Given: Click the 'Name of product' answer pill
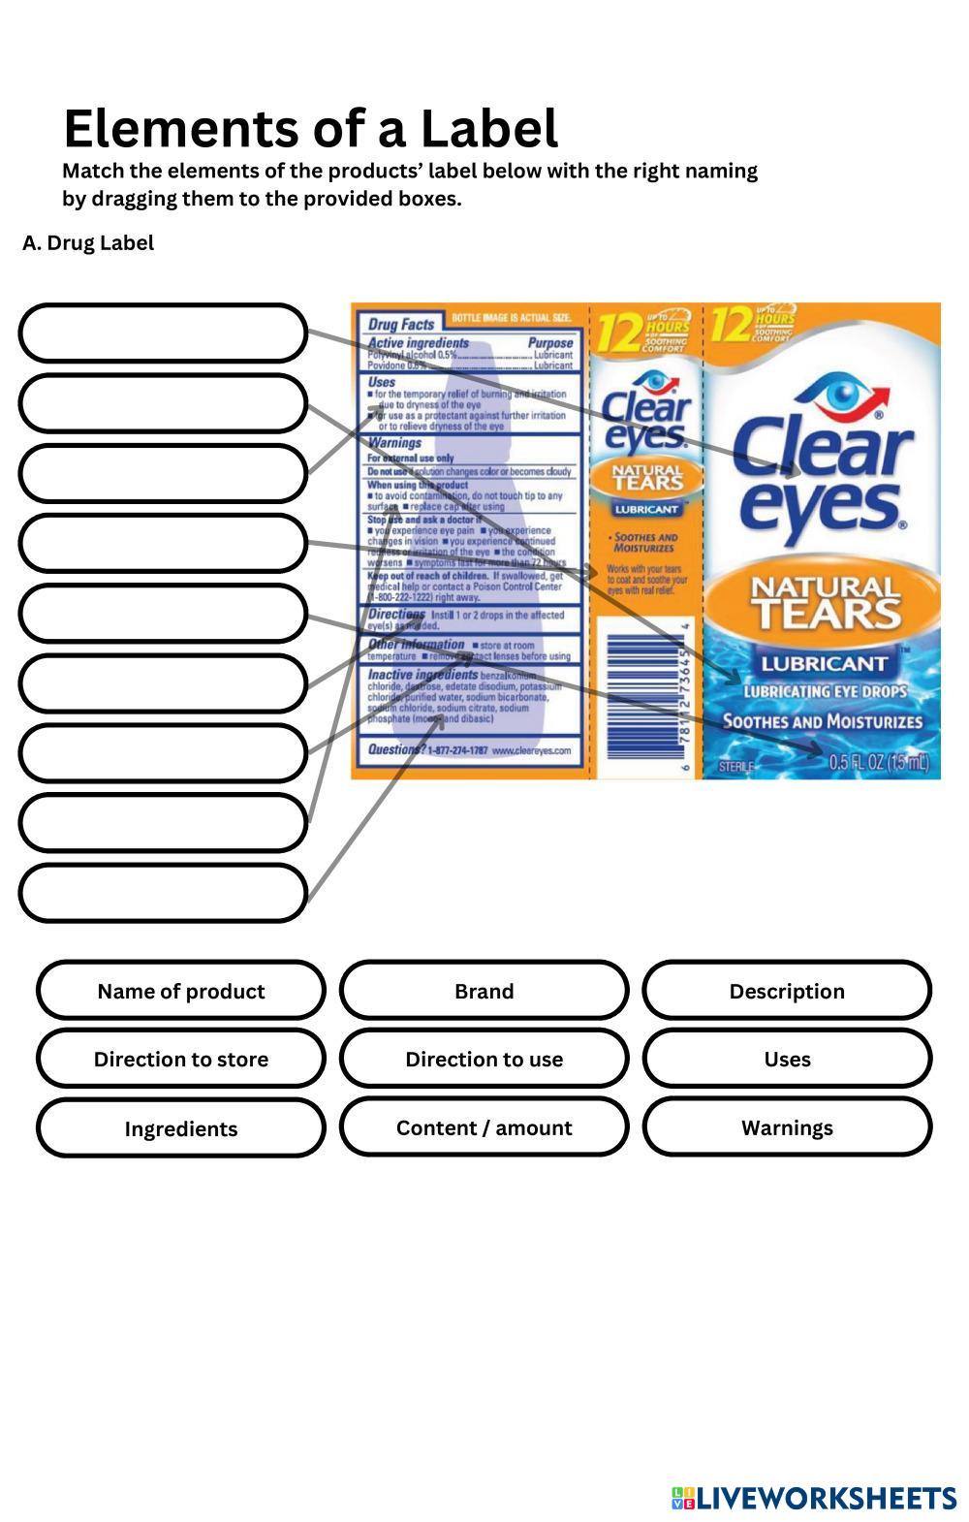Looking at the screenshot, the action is (181, 991).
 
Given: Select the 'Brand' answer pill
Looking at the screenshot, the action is (484, 991).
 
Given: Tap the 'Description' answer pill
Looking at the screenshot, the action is (786, 991).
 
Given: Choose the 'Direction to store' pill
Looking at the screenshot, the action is (181, 1059).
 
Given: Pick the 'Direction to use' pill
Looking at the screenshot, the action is (484, 1059).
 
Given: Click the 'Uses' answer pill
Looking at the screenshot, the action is (786, 1059).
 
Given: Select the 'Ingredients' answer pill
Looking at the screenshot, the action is (181, 1127).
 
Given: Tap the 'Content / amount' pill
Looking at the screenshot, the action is (484, 1127).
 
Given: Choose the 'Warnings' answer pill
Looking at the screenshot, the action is (786, 1127).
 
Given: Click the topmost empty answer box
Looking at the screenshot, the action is (163, 333).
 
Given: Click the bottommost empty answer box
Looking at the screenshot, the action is (163, 892).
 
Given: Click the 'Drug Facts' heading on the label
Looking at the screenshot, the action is (401, 324).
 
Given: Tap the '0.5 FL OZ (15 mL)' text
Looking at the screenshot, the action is (878, 763).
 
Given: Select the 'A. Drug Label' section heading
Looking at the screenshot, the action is (88, 243).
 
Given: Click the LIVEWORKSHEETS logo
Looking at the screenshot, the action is (814, 1498).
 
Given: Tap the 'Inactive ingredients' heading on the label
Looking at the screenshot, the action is (422, 674).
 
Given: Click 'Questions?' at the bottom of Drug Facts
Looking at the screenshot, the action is (395, 749).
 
